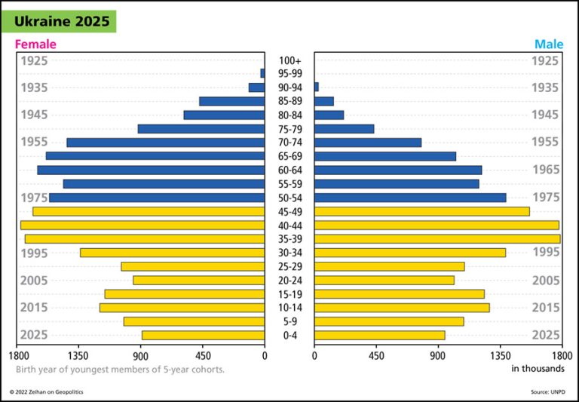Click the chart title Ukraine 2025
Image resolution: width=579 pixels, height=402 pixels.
pos(62,21)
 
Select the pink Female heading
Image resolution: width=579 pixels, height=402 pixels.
pos(35,44)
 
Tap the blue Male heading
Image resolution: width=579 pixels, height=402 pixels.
pos(549,44)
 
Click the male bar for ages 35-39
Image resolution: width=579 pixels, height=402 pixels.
pos(437,239)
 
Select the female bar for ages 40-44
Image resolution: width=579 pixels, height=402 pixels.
pos(142,225)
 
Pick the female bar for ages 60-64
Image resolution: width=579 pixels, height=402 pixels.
pos(151,170)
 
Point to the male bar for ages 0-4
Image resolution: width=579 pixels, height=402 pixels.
pos(379,335)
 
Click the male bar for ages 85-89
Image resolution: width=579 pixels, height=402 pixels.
pos(324,101)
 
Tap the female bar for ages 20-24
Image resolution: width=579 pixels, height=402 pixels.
pos(199,280)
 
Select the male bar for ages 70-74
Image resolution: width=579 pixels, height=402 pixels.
pos(368,143)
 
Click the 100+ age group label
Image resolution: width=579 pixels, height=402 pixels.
pos(289,60)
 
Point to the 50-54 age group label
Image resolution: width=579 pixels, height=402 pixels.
pos(289,198)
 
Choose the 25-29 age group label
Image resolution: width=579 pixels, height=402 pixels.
pos(289,266)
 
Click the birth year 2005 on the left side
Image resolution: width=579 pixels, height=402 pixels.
pos(34,281)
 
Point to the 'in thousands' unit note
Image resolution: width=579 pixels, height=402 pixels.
pos(538,369)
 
